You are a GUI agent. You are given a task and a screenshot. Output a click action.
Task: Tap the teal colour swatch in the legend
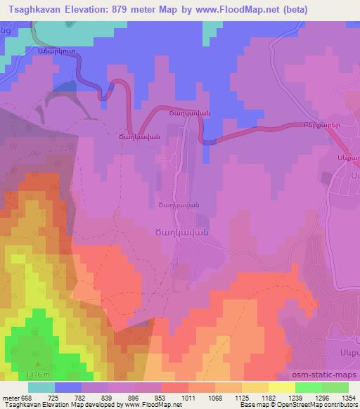(42, 387)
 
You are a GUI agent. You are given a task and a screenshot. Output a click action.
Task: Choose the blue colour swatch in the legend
(69, 387)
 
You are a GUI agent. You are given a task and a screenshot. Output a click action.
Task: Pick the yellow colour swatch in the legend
(281, 387)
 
